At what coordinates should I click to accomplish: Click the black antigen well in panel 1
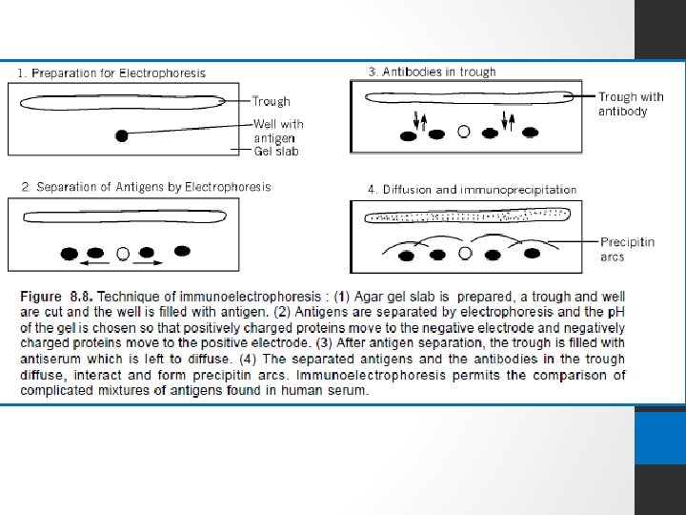coord(122,135)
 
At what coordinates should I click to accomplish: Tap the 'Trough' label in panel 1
coord(272,101)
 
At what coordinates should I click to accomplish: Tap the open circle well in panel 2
coord(122,254)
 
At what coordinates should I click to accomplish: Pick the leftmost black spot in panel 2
coord(69,254)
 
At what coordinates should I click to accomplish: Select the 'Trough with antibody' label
coord(631,104)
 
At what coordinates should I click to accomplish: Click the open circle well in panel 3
coord(463,133)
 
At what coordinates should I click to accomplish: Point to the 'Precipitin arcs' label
coord(628,250)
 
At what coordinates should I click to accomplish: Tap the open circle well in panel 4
coord(466,255)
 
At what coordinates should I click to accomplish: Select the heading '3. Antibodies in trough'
coord(432,72)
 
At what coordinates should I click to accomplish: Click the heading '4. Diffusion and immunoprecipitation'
coord(473,189)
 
